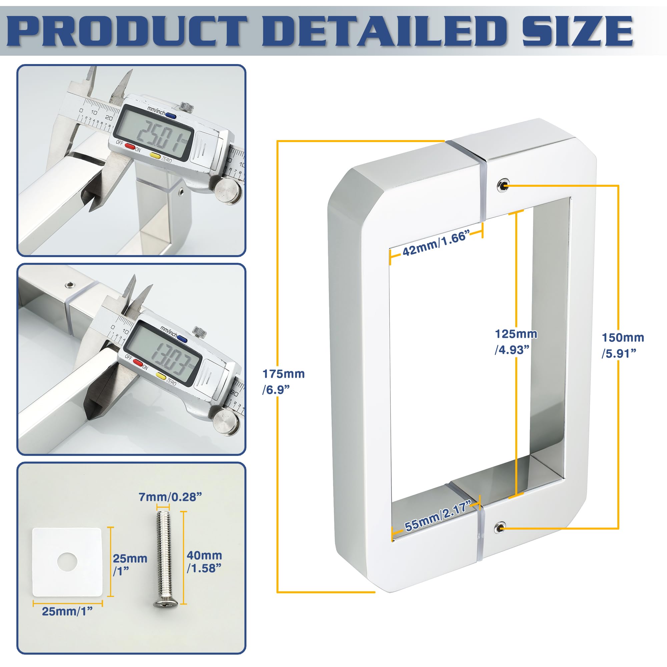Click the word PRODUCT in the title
(x=128, y=31)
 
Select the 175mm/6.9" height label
(x=283, y=382)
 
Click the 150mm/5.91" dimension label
(x=623, y=345)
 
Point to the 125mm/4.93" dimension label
(x=516, y=342)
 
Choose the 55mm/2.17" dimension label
(x=438, y=517)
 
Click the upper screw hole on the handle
(x=503, y=185)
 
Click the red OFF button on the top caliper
(x=129, y=146)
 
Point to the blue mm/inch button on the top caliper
(x=170, y=116)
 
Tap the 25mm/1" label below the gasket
(x=67, y=611)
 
